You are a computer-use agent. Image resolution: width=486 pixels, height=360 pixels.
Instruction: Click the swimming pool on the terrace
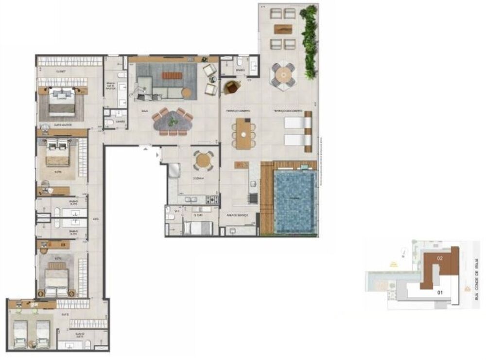[295, 201]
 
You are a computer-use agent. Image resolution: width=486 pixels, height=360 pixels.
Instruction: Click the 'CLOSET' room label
[61, 72]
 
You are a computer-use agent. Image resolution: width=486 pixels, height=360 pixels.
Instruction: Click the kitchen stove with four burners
[212, 199]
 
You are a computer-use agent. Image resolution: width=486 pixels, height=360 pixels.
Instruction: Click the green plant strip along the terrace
[309, 41]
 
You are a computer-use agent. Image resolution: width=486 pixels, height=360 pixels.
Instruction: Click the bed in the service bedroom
[198, 228]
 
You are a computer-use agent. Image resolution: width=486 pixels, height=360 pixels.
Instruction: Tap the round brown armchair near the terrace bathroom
[232, 87]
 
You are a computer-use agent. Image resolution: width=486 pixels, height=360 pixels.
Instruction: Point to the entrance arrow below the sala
[144, 147]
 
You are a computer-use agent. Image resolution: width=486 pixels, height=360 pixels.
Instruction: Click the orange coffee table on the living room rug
[171, 75]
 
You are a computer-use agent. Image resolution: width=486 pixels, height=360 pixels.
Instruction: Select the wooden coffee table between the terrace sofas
[283, 29]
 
